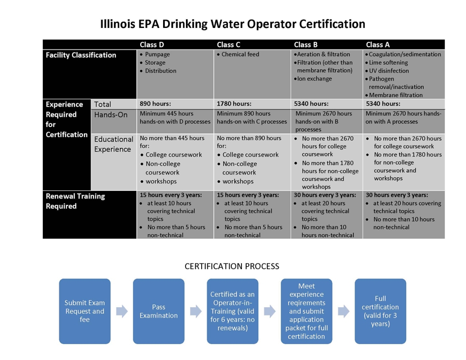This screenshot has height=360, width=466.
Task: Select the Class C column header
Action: click(229, 45)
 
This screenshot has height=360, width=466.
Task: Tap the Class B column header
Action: click(306, 45)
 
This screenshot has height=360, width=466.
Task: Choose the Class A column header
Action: click(377, 45)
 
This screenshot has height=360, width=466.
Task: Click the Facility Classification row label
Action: click(81, 55)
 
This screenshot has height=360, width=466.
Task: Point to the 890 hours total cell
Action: click(155, 104)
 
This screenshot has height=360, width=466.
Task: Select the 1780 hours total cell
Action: click(234, 104)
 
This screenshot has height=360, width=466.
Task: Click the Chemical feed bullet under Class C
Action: click(240, 54)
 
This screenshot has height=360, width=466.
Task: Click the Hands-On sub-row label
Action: click(111, 115)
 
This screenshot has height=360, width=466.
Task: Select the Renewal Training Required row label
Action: click(75, 201)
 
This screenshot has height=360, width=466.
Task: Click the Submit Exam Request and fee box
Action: click(85, 311)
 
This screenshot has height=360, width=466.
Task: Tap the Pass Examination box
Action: click(158, 311)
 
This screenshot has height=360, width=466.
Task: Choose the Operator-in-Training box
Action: click(232, 311)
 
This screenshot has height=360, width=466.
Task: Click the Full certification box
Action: click(380, 311)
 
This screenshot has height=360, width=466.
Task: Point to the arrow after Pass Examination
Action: click(196, 311)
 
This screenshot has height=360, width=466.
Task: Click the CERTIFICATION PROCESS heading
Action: click(232, 267)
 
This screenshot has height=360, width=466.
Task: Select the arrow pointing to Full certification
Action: click(343, 311)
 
